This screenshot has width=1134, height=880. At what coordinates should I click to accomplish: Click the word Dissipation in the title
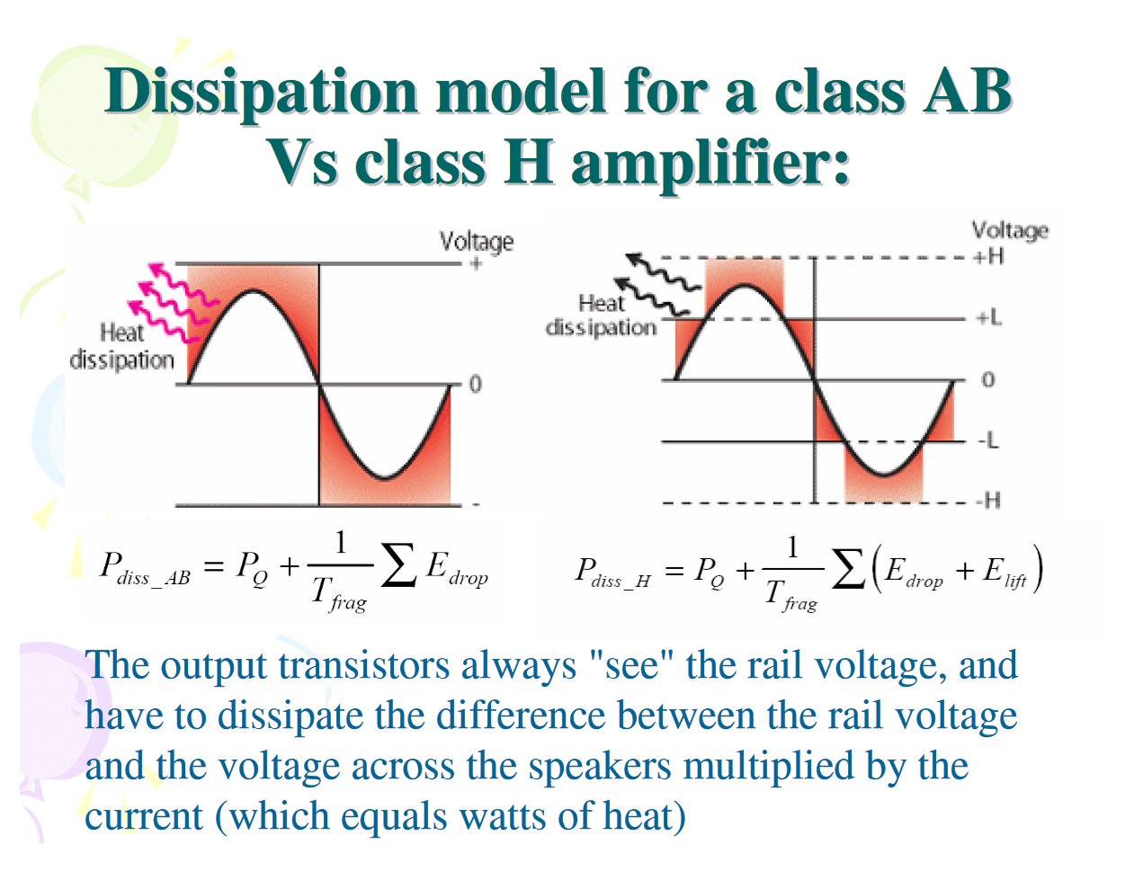[261, 93]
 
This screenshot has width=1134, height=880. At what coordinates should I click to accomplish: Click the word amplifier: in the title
[710, 164]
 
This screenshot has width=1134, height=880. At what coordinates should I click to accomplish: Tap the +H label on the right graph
[988, 257]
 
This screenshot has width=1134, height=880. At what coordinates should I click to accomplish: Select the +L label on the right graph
[988, 317]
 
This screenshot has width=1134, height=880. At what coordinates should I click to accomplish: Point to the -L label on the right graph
[988, 440]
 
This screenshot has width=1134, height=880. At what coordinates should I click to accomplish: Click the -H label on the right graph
[988, 501]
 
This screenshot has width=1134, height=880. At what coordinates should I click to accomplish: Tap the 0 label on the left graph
[475, 385]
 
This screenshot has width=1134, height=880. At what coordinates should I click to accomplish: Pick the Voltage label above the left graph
[477, 241]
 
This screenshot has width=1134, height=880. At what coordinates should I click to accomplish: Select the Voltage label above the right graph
[1010, 230]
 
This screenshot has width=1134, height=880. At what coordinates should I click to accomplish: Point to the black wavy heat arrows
[657, 284]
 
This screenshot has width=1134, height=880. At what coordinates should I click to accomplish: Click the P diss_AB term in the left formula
[145, 570]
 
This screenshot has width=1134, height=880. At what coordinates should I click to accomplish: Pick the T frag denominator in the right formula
[791, 596]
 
